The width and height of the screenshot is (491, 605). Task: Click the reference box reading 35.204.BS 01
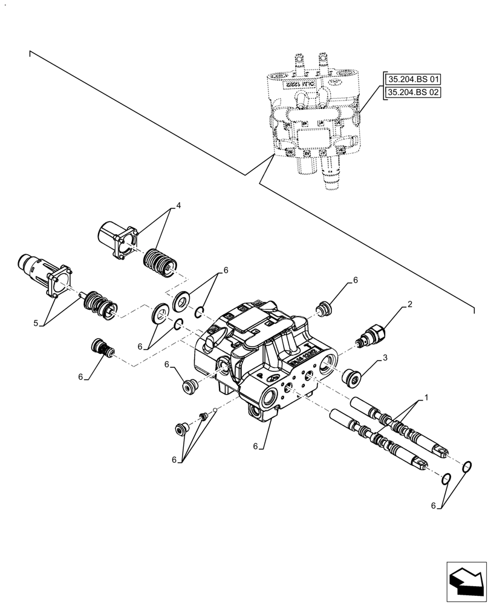click(414, 79)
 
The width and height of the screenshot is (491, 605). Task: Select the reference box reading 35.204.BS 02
click(414, 93)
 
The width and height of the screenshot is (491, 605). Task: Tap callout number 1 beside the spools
click(426, 397)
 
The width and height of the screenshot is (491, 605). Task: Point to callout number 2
click(409, 305)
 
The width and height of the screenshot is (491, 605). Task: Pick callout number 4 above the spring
click(178, 206)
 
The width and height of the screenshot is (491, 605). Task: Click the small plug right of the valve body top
click(325, 309)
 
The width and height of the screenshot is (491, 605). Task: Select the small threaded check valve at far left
click(100, 349)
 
